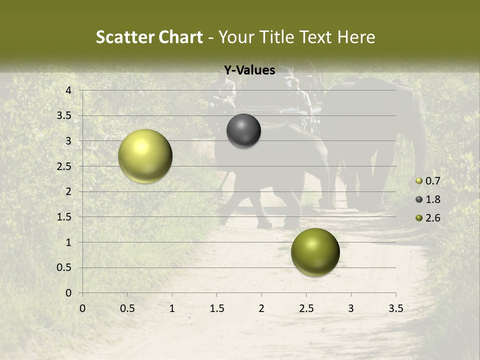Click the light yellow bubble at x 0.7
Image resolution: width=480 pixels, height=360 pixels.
[145, 156]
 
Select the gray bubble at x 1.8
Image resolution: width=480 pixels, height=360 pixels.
[243, 130]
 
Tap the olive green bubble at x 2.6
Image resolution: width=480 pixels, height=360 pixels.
[315, 252]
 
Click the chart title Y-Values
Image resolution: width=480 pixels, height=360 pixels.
[249, 70]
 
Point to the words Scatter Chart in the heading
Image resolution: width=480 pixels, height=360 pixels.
[149, 37]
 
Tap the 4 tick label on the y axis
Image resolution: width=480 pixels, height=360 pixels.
[68, 90]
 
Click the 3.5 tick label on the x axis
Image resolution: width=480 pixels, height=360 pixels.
[395, 308]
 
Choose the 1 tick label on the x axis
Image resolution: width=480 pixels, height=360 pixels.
[172, 308]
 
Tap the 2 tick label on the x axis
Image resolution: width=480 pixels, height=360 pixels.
[261, 308]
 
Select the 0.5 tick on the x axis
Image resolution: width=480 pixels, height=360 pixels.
[127, 308]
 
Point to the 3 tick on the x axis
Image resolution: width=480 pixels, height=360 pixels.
[351, 308]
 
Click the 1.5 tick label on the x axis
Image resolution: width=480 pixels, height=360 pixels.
[217, 308]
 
